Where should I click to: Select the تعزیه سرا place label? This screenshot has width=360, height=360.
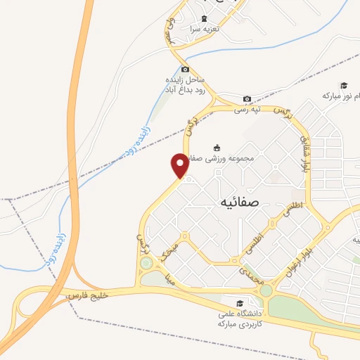pyautogui.click(x=204, y=30)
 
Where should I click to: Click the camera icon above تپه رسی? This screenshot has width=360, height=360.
pyautogui.click(x=247, y=99)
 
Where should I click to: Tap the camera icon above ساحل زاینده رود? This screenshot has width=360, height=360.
pyautogui.click(x=185, y=69)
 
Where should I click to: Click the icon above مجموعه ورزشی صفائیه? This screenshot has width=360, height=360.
pyautogui.click(x=216, y=148)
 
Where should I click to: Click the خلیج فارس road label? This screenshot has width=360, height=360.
pyautogui.click(x=84, y=298)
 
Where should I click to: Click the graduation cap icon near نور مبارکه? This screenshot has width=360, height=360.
pyautogui.click(x=344, y=85)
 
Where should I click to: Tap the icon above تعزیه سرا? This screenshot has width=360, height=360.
pyautogui.click(x=204, y=18)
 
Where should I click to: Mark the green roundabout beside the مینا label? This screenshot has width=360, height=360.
pyautogui.click(x=146, y=264)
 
